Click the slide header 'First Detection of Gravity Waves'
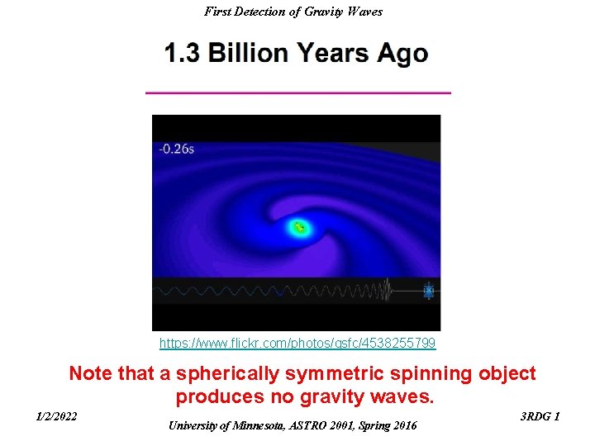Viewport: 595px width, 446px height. [x=293, y=12]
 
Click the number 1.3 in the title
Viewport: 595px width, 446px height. [x=183, y=54]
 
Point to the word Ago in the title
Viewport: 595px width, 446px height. [x=402, y=54]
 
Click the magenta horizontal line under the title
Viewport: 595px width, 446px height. [x=297, y=93]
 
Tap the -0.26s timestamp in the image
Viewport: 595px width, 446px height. [x=177, y=149]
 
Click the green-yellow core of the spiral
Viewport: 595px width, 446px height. [x=298, y=225]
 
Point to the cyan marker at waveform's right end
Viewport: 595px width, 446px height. [x=428, y=290]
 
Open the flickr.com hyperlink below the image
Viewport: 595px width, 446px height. [x=297, y=342]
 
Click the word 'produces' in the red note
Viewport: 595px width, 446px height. [x=214, y=397]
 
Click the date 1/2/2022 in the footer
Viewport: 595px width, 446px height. [x=57, y=416]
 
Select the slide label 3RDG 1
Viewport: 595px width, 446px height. [x=540, y=416]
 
